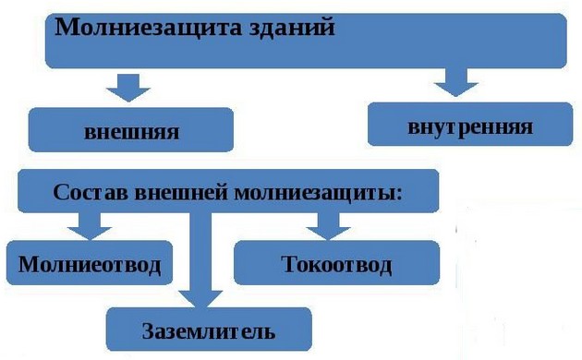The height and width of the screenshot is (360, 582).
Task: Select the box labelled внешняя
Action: (x=130, y=130)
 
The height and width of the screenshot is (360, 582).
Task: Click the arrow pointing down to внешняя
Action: (x=128, y=86)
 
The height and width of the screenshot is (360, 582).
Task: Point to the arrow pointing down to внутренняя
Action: (x=460, y=83)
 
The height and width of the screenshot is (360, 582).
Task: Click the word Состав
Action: (x=91, y=194)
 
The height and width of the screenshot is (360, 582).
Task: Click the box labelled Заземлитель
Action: (x=208, y=329)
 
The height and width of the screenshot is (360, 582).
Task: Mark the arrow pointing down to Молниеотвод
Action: (x=89, y=224)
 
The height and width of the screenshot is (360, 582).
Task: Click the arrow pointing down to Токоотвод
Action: (x=323, y=224)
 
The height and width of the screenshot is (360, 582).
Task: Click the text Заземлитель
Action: (x=208, y=330)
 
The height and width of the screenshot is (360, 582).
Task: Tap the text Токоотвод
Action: (x=336, y=266)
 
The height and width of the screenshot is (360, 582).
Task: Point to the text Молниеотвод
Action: (x=90, y=266)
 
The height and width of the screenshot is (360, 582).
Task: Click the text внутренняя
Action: (x=469, y=126)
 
